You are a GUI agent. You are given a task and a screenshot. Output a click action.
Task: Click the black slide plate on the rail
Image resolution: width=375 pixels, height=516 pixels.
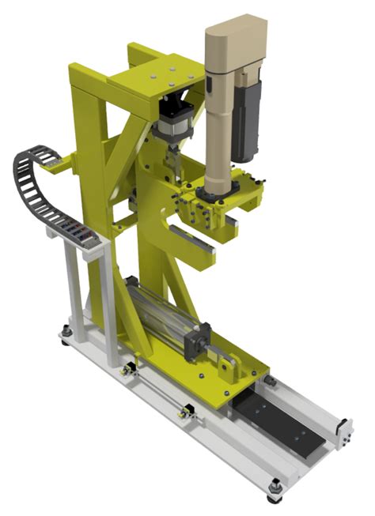[x=277, y=418]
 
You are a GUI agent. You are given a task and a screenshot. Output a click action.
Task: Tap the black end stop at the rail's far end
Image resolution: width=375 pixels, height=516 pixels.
[x=343, y=430]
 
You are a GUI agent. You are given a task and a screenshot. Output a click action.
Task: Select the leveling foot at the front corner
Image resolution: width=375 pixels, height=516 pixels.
[x=274, y=492]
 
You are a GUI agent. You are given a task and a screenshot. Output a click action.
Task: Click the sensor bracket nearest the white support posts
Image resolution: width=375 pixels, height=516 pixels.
[x=126, y=368]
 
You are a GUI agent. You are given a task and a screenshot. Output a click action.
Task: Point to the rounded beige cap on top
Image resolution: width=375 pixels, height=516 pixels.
[x=236, y=36]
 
